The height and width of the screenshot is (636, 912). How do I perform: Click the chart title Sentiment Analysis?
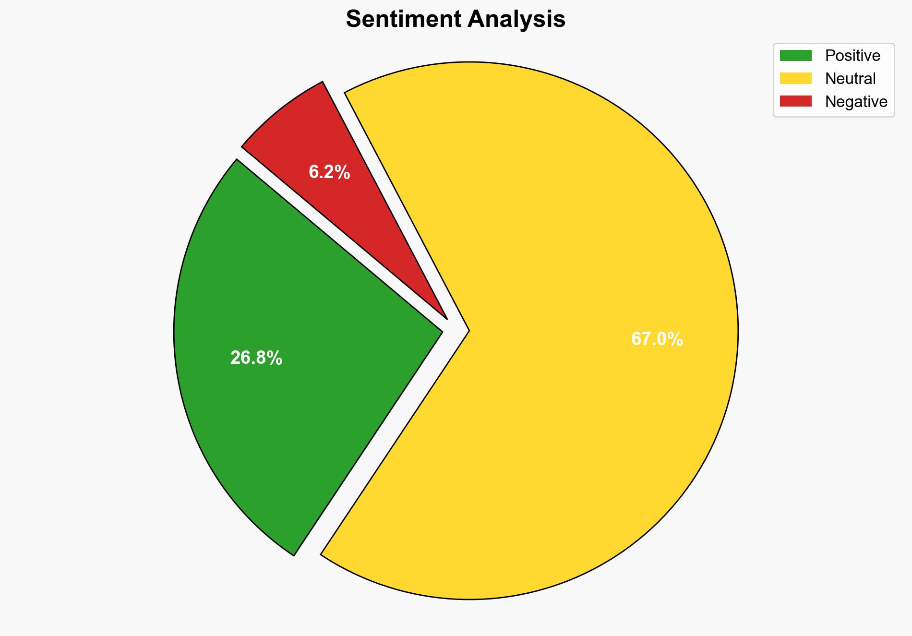[456, 20]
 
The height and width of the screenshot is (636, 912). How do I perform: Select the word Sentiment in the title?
[403, 20]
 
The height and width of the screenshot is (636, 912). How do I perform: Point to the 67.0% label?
[657, 339]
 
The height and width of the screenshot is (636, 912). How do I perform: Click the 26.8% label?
[256, 358]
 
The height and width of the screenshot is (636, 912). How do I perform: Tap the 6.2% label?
[329, 172]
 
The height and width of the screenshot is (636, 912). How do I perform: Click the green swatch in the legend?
[795, 56]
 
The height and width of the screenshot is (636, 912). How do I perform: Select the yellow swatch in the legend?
[795, 78]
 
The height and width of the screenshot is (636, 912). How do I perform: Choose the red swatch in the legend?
[795, 101]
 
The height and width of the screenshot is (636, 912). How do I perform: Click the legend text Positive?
[852, 56]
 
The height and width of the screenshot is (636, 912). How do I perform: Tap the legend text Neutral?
[850, 79]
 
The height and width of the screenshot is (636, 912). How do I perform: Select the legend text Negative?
[856, 102]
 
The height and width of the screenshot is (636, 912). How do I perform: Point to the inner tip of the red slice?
[446, 318]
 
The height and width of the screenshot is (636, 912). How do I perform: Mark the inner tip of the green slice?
[441, 331]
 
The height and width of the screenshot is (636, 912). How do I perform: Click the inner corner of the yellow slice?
[468, 330]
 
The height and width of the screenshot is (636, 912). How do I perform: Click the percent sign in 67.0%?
[676, 339]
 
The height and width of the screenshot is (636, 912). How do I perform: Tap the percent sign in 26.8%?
[275, 358]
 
